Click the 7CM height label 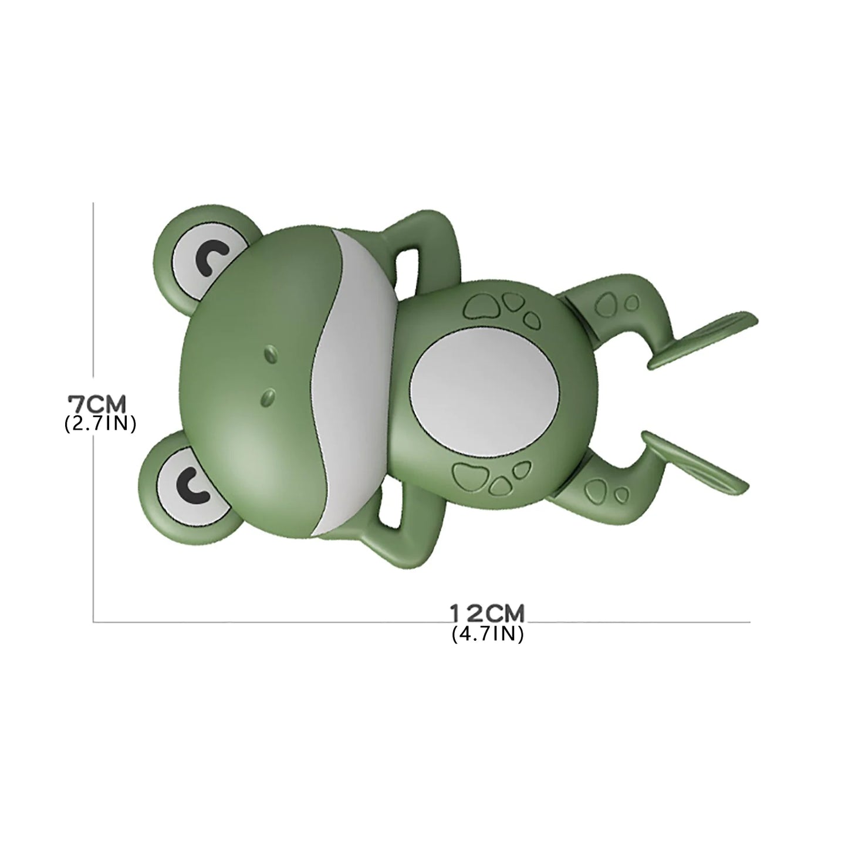(x=97, y=404)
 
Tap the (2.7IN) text (x=100, y=424)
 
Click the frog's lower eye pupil (x=191, y=481)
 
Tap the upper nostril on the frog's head (x=271, y=354)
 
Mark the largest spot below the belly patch (x=470, y=474)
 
